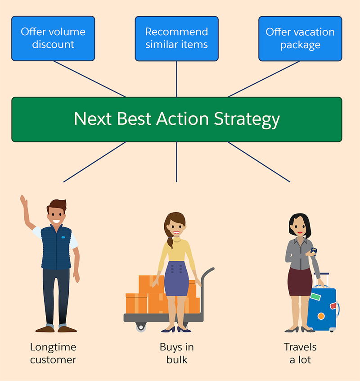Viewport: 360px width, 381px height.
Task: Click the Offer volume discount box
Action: coord(53,38)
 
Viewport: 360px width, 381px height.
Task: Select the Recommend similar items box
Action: coord(176,38)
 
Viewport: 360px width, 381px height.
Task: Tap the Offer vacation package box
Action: coord(300,38)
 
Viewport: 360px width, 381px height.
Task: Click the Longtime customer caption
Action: coord(53,354)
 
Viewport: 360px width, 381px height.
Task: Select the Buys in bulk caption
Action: coord(176,354)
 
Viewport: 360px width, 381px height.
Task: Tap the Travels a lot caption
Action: coord(300,354)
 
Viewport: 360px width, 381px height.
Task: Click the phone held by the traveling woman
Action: coord(314,251)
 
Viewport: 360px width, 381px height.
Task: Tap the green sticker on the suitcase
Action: coord(315,297)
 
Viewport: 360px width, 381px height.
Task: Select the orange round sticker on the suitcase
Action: coord(321,316)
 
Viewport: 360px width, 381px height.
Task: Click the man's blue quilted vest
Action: coord(56,248)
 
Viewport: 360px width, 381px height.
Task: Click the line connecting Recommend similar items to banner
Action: coord(176,79)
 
